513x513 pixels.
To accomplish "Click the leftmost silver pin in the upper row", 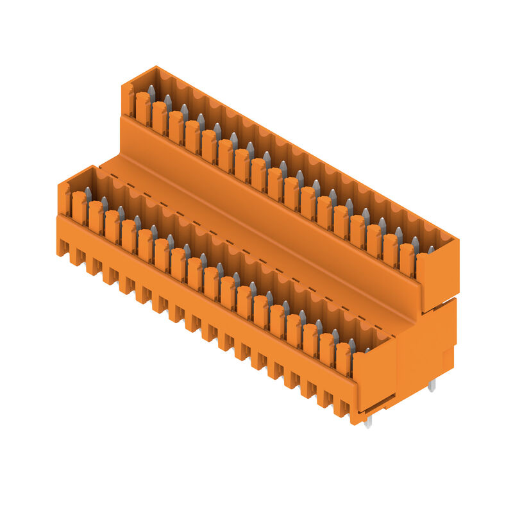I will tap(151, 92).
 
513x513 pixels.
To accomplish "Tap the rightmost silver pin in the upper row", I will tap(431, 249).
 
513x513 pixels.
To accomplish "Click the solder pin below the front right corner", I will tap(367, 421).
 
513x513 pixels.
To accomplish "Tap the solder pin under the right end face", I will tap(432, 385).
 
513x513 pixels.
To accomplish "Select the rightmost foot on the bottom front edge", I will tap(341, 408).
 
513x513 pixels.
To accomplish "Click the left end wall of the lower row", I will tap(64, 199).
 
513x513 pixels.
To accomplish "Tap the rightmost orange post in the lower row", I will tap(343, 359).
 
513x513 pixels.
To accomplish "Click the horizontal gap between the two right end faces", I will tap(440, 300).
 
